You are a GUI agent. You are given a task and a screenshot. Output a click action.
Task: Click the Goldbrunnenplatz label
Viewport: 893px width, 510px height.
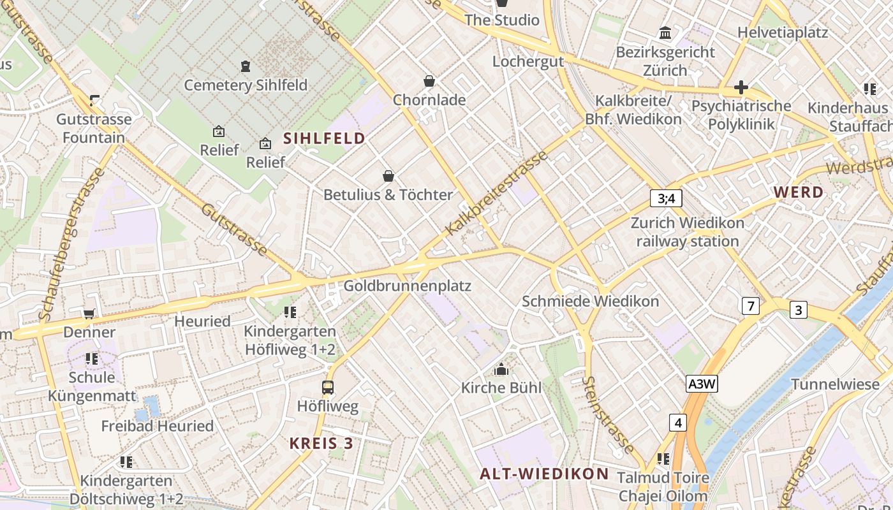[x=407, y=286]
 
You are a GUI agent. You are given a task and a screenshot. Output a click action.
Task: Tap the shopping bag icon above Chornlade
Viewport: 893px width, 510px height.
[x=429, y=82]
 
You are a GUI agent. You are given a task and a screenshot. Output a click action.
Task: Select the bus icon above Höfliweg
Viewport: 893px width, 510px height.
[x=328, y=387]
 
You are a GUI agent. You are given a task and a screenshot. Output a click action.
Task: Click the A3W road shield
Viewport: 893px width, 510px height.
[x=702, y=384]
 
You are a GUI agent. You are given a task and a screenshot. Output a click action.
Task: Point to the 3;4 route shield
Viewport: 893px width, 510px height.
[x=666, y=198]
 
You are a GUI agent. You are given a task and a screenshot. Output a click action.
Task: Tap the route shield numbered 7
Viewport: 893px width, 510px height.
[x=751, y=306]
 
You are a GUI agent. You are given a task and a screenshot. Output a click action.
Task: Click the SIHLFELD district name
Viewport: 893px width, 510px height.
[x=324, y=138]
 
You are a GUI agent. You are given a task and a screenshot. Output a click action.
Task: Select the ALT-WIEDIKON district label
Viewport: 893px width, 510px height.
[x=544, y=474]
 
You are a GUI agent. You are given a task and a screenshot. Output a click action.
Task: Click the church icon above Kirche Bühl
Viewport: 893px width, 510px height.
[x=501, y=369]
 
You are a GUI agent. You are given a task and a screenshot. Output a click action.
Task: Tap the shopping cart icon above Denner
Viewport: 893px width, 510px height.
[x=89, y=314]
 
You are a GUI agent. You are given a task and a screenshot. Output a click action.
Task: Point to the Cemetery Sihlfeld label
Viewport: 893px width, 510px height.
[x=246, y=85]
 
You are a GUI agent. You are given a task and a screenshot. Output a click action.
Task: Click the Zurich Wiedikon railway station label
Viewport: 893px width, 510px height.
[x=687, y=232]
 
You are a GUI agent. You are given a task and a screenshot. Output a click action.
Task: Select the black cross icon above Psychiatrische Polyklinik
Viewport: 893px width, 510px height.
[x=741, y=87]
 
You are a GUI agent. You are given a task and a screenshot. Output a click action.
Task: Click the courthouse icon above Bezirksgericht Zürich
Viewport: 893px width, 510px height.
[x=665, y=33]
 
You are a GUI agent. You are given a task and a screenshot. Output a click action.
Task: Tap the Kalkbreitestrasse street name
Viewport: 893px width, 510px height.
[x=497, y=193]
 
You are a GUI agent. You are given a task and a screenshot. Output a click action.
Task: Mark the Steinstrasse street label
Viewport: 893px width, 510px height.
[x=608, y=415]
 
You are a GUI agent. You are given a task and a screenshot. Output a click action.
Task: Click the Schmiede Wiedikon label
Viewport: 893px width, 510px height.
[x=590, y=301]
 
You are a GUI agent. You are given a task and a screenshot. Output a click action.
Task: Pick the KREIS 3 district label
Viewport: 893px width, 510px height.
[x=321, y=443]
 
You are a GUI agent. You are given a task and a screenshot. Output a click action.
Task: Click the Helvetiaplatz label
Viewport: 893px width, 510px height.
[x=782, y=33]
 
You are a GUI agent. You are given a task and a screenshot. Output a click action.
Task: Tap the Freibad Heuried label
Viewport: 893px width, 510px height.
[x=158, y=426]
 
